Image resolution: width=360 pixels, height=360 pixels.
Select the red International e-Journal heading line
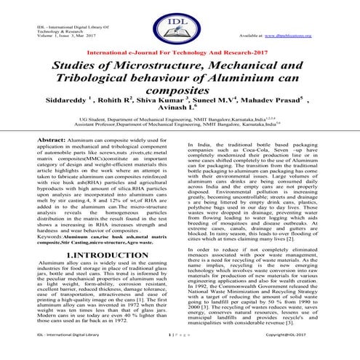pos(180,55)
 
